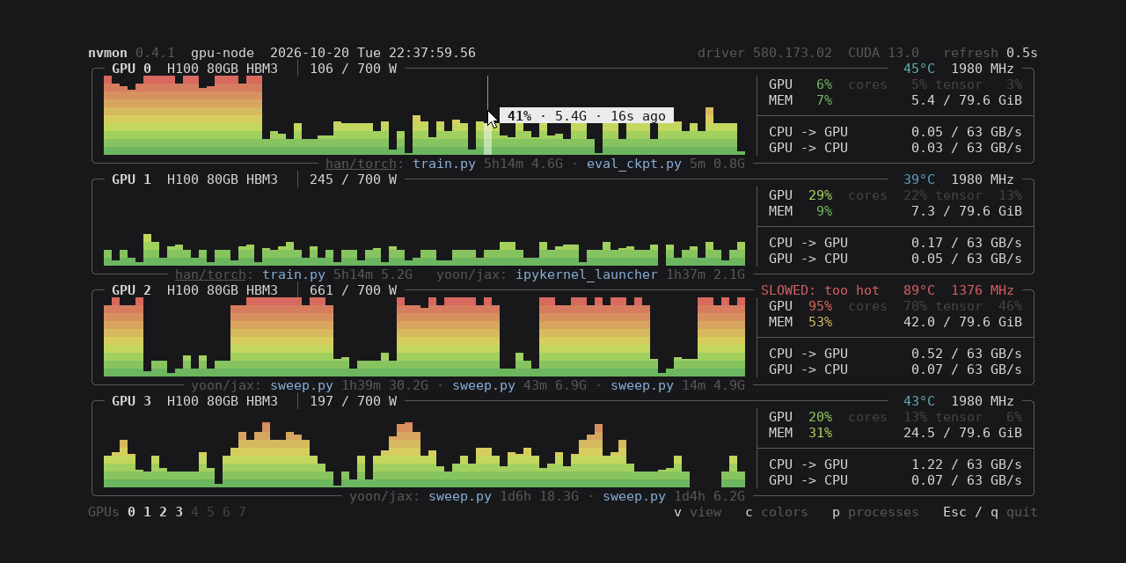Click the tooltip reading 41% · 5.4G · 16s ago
pos(587,115)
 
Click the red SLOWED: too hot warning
pos(820,290)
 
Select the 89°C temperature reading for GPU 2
pos(919,290)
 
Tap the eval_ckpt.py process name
pos(634,164)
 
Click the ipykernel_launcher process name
pos(587,274)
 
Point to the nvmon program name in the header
pos(107,53)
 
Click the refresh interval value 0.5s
pos(1022,53)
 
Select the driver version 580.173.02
pos(793,53)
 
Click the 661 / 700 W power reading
pos(353,290)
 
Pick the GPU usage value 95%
pos(820,305)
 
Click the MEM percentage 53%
pos(820,322)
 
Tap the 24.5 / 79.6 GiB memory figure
pos(962,432)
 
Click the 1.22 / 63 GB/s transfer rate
pos(966,464)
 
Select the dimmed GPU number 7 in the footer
pos(242,512)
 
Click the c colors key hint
pos(777,512)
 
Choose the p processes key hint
pos(875,512)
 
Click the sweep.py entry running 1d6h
pos(460,496)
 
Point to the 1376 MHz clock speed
pos(983,290)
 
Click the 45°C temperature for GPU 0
pos(919,69)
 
